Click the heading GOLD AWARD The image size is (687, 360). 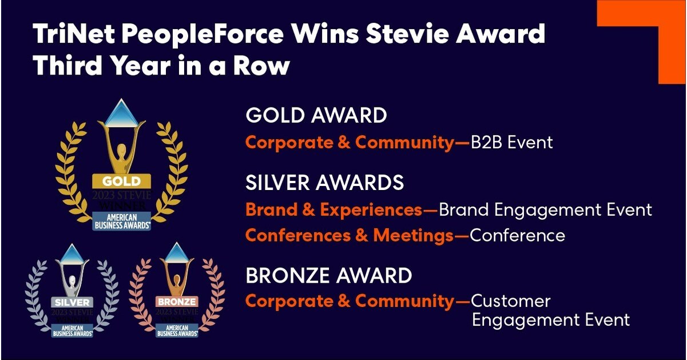pyautogui.click(x=316, y=116)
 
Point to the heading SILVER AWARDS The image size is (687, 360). pyautogui.click(x=324, y=183)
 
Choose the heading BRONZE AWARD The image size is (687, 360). pyautogui.click(x=328, y=275)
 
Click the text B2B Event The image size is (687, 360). pyautogui.click(x=512, y=143)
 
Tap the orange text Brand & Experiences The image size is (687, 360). pyautogui.click(x=333, y=210)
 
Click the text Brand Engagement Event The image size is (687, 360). pyautogui.click(x=545, y=210)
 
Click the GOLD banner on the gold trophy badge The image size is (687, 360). pyautogui.click(x=121, y=181)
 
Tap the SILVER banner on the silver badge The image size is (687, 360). pyautogui.click(x=72, y=302)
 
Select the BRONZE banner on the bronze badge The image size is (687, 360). pyautogui.click(x=177, y=302)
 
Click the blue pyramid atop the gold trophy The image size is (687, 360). pyautogui.click(x=121, y=111)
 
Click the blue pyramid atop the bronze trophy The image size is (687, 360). pyautogui.click(x=177, y=252)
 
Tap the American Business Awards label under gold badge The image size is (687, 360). pyautogui.click(x=121, y=221)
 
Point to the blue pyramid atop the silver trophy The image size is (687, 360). pyautogui.click(x=72, y=252)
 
